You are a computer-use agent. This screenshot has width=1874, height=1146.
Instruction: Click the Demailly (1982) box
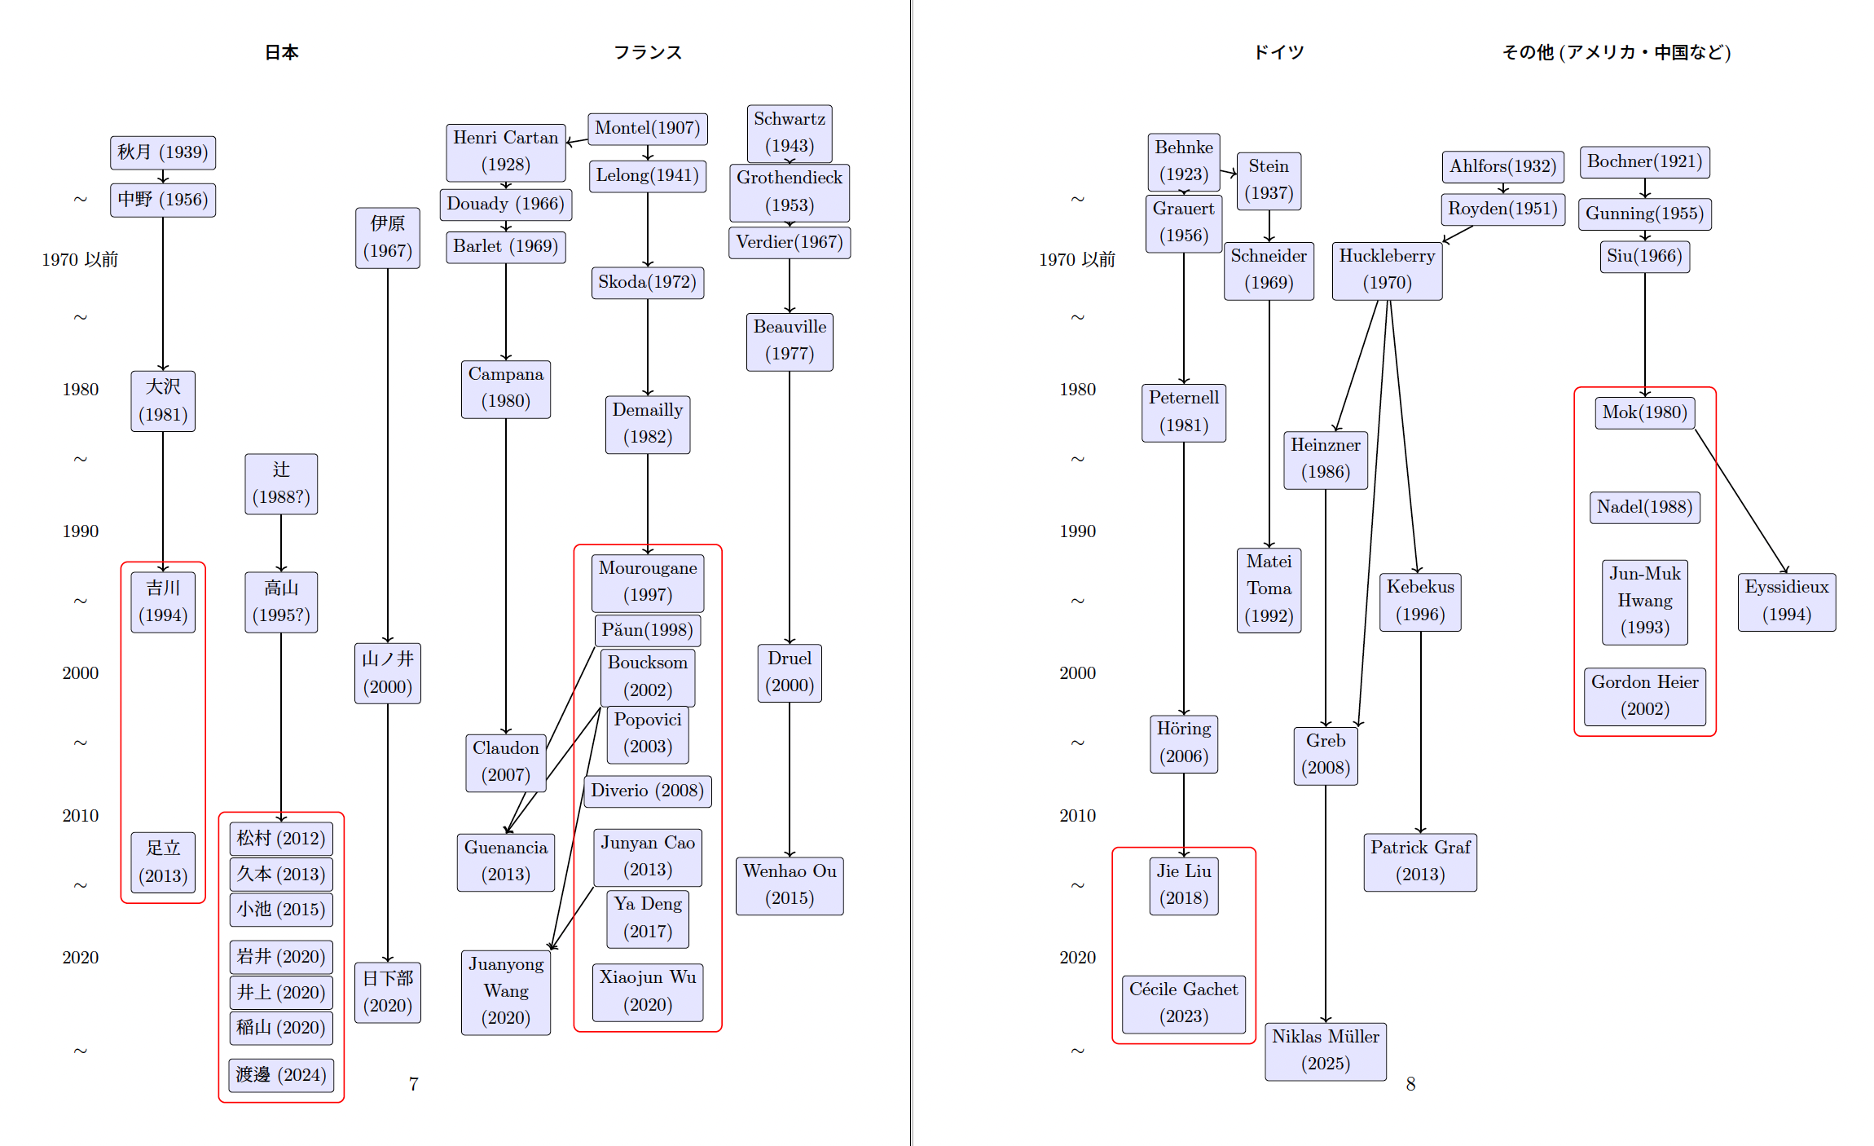tap(648, 424)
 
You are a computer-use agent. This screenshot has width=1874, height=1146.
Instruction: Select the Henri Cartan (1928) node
tap(505, 152)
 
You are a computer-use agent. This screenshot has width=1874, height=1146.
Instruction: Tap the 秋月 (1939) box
tap(163, 152)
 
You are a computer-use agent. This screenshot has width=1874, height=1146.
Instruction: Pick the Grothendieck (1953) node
tap(789, 192)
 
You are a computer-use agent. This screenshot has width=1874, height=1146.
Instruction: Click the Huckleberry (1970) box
tap(1387, 270)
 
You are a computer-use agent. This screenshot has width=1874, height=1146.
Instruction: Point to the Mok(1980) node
tap(1644, 412)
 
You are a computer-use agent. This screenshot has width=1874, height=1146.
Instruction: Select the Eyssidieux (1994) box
tap(1786, 602)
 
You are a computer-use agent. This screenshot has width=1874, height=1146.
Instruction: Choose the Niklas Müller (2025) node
tap(1326, 1051)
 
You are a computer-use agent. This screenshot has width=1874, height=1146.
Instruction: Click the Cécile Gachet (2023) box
tap(1183, 1003)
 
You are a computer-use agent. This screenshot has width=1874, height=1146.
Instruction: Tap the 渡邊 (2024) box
tap(281, 1075)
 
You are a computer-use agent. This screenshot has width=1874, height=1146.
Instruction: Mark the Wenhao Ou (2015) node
tap(789, 885)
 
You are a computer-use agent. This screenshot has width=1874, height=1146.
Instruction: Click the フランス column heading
tap(648, 52)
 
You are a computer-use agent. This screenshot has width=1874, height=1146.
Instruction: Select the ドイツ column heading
tap(1278, 52)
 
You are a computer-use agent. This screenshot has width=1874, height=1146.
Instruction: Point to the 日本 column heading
tap(282, 52)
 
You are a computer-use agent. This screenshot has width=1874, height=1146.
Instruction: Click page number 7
tap(414, 1084)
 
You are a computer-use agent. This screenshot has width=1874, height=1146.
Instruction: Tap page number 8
tap(1410, 1084)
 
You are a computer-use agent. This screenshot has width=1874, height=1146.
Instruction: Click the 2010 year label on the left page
tap(80, 816)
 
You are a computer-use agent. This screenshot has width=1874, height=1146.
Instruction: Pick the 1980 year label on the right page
tap(1077, 390)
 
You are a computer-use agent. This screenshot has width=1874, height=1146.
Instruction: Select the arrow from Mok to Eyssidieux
tap(1741, 500)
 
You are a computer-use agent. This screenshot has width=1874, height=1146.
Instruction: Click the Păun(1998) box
tap(648, 630)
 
